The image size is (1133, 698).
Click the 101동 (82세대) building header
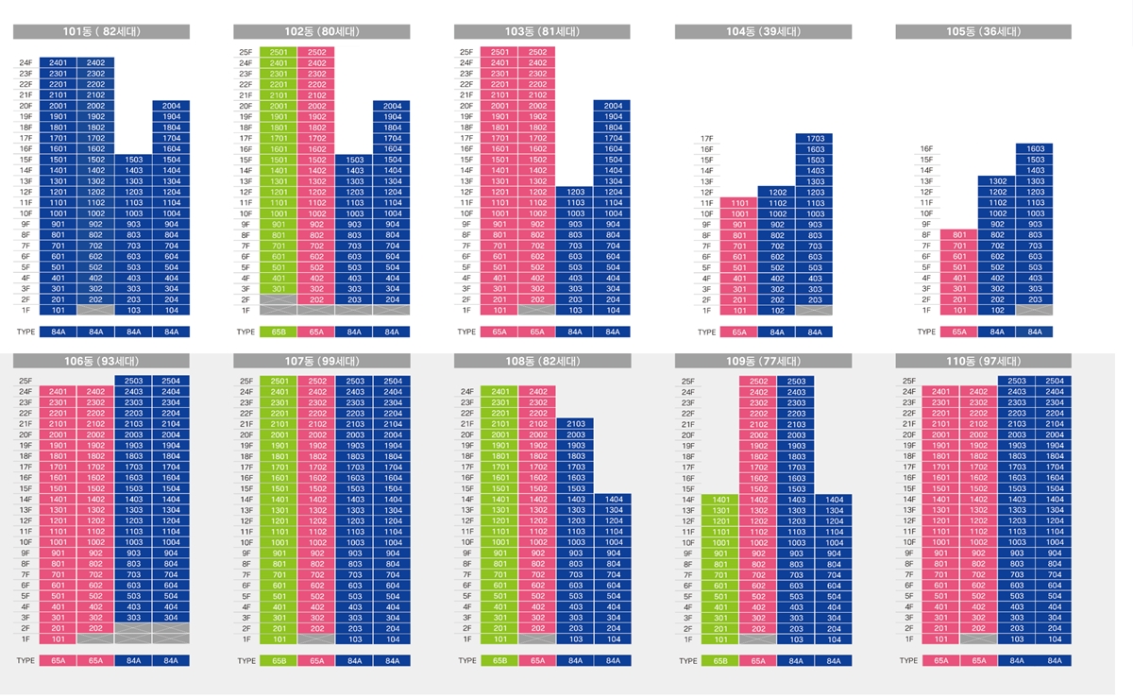pos(101,32)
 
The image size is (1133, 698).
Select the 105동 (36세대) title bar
pos(983,32)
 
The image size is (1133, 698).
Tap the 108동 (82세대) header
pos(543,361)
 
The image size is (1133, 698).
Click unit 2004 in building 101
pos(171,106)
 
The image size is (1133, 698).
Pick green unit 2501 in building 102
pos(279,52)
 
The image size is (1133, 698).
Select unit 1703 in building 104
pos(815,139)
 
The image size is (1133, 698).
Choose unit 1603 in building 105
pos(1036,149)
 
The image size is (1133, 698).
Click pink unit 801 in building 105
pos(959,235)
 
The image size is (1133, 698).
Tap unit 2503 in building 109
pos(796,382)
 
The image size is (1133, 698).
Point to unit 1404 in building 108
pos(614,499)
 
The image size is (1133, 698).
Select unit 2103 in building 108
pos(576,424)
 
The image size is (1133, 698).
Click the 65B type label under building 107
pos(279,661)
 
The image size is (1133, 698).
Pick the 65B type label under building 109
pos(720,661)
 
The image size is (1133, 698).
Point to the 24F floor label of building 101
pos(25,63)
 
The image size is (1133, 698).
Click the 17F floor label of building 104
pos(705,139)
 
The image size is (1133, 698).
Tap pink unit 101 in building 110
pos(941,639)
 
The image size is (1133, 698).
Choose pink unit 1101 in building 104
pos(738,203)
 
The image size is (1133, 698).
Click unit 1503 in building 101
pos(133,160)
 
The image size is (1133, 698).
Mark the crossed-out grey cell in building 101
pos(96,310)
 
